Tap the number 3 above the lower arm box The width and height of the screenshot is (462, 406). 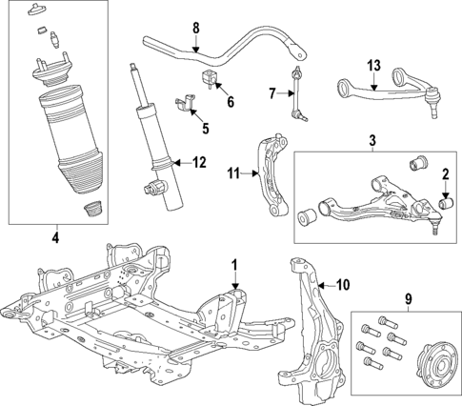coord(372,141)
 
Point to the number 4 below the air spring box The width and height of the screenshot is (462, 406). coord(55,236)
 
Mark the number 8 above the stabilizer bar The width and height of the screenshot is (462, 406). coord(195,27)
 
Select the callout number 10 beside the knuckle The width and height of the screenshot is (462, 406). coord(344,283)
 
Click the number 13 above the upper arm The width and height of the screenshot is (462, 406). coord(373,65)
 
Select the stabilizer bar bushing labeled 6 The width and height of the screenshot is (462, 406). coord(208,76)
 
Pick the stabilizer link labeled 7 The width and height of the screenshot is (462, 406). coord(297,94)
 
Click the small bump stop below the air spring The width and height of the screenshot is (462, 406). coord(91,210)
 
